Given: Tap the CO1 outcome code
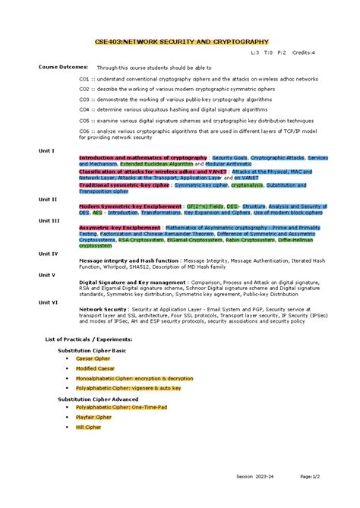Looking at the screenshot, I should [84, 78].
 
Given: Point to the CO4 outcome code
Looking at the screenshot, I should [84, 109].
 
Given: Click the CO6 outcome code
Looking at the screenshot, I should [84, 131].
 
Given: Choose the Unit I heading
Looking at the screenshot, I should [47, 150].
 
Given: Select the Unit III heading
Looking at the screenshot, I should [49, 220].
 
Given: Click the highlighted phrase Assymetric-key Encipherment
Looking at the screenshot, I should [120, 227].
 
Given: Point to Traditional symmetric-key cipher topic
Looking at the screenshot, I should [124, 185].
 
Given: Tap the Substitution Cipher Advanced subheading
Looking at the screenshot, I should [98, 399].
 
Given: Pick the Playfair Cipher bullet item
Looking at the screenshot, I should [93, 417].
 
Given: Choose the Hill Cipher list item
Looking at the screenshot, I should [88, 427].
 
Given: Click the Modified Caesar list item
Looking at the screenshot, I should [96, 368].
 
